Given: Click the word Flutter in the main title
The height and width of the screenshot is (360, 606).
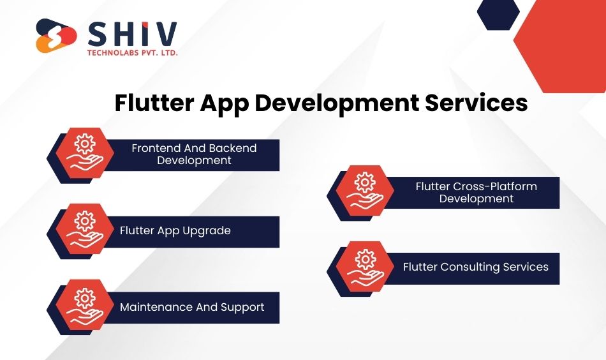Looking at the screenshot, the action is pos(154,103).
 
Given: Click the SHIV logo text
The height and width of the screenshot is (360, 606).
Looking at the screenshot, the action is pos(132,34).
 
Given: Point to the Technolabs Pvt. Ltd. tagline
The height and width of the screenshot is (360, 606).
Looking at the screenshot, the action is pos(132,52).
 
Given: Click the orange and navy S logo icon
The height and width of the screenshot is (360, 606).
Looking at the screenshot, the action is pos(56,36).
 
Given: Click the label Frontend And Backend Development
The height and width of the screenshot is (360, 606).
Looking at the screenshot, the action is pos(194,154).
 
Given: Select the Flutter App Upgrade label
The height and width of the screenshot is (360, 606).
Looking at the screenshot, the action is pos(175,230).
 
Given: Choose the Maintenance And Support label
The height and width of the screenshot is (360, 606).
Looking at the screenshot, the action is pos(192,307).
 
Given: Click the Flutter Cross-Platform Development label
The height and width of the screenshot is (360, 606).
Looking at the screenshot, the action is pos(476,192).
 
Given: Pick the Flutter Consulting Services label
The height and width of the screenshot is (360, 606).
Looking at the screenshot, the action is pos(476,267).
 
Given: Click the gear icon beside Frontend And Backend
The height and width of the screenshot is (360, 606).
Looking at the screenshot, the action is pos(85,144).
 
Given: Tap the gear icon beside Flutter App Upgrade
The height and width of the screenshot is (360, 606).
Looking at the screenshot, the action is pos(85,221).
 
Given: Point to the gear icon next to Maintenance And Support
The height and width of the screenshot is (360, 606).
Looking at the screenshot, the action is pos(85,298).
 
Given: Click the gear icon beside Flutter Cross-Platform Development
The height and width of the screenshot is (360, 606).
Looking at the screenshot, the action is pos(365,182).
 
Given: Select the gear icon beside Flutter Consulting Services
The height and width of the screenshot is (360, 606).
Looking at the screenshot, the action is pos(365,259).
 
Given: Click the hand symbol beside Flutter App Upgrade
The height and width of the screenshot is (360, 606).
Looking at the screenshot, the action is pos(85,239).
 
